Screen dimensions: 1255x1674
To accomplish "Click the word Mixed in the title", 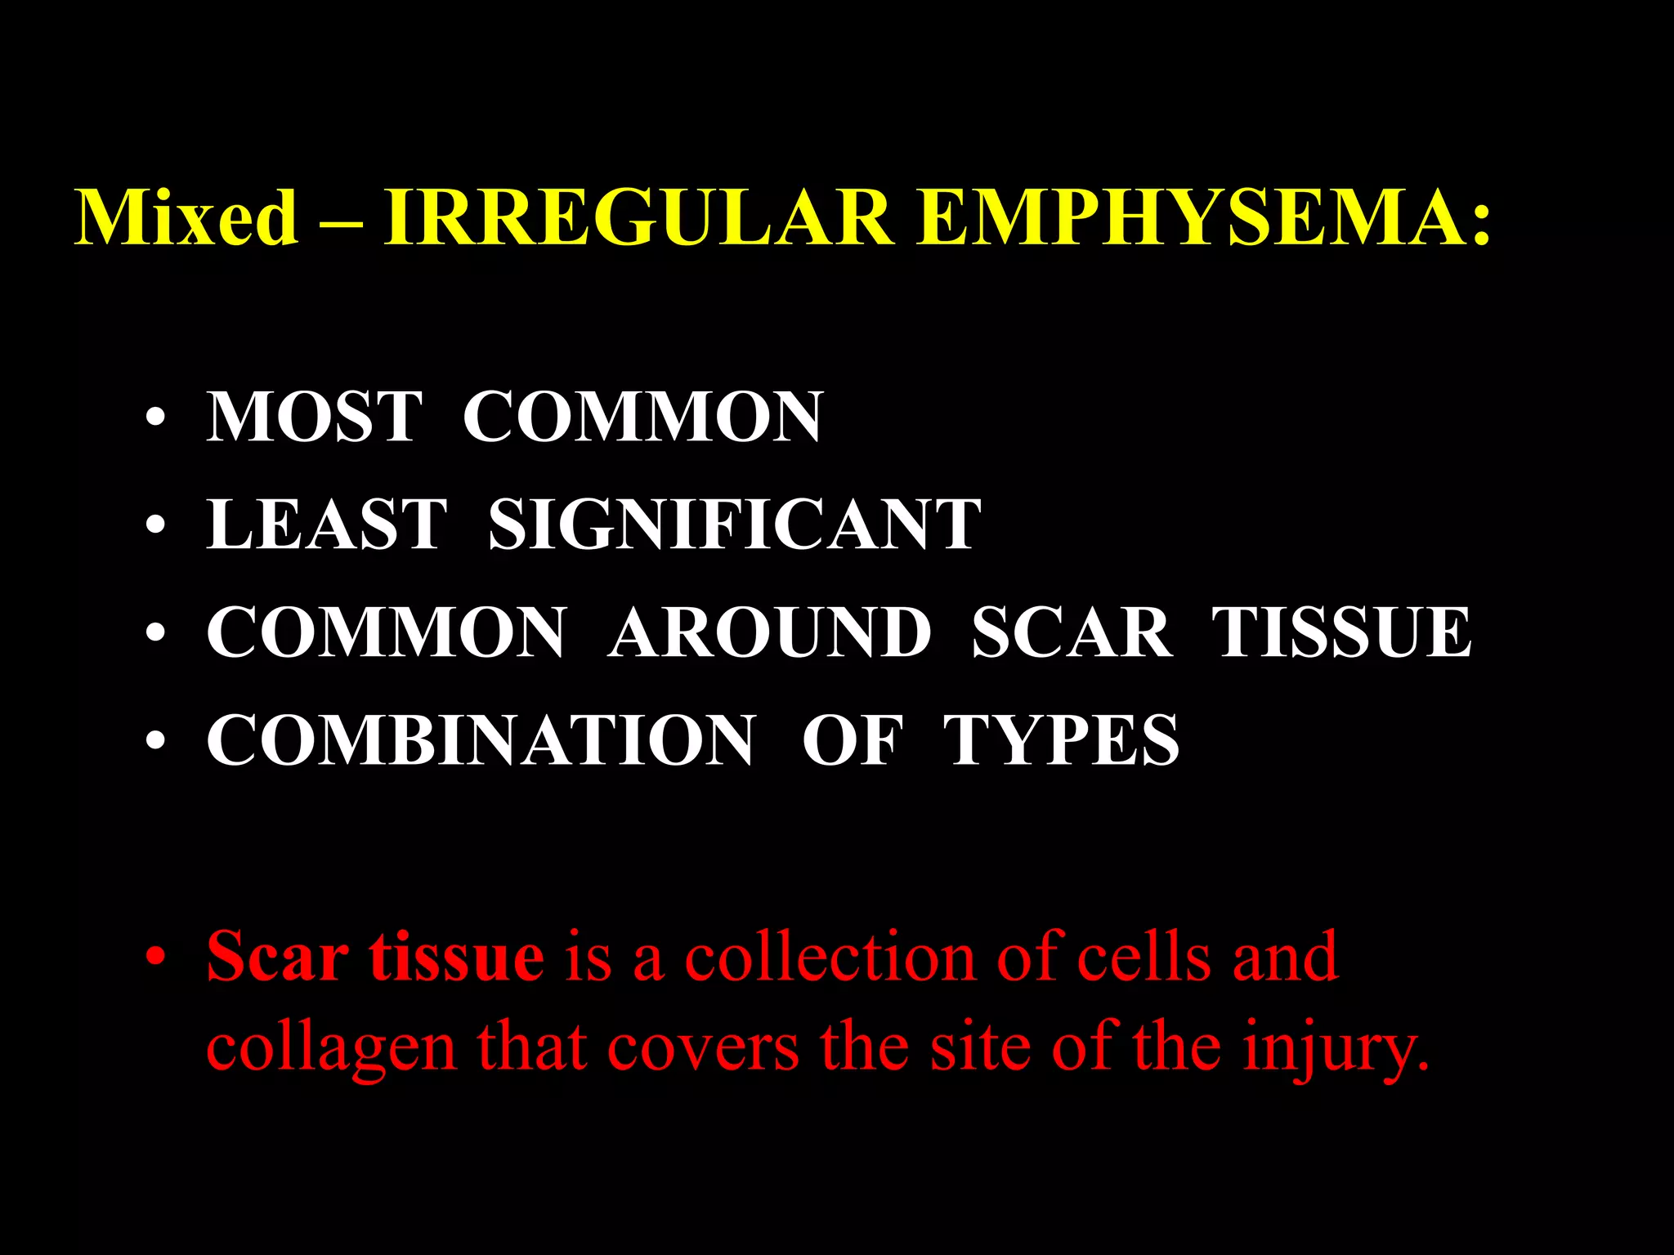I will (x=186, y=217).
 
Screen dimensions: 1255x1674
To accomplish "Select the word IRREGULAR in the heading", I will (x=638, y=217).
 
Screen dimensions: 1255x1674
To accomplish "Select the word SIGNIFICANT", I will (x=734, y=525).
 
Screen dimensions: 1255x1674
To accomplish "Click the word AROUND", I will (x=769, y=632).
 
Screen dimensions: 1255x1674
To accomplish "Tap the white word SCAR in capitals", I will (x=1071, y=632).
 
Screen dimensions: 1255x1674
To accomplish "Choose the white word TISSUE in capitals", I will (x=1341, y=632).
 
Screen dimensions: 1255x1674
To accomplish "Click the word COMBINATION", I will (x=481, y=740).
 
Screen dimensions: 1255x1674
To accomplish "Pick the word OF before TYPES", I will (x=853, y=740).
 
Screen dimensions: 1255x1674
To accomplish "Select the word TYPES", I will (x=1061, y=740).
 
